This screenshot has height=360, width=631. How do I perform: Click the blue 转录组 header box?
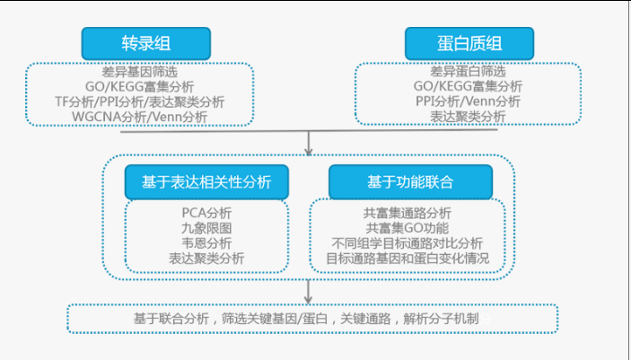pos(146,43)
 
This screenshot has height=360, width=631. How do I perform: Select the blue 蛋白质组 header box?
pos(469,43)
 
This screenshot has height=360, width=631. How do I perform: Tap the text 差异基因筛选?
pos(140,72)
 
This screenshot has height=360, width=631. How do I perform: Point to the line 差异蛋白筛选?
pos(468,71)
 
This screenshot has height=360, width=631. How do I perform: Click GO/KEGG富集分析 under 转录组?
pos(140,86)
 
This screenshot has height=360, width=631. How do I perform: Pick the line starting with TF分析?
pos(140,101)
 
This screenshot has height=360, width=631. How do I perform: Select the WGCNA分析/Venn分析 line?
pos(140,118)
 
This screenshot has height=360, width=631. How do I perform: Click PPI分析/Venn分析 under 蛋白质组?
pos(468,101)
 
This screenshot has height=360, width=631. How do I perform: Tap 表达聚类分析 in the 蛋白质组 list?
pos(468,117)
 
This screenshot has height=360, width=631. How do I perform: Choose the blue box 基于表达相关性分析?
pos(206,182)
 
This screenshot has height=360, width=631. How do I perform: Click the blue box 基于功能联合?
pos(410,182)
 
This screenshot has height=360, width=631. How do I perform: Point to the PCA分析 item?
pos(206,213)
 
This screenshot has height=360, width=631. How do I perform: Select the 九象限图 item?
pos(206,228)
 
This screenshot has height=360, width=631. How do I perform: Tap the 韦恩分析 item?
pos(206,242)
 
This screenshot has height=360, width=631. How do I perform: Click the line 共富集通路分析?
pos(408,213)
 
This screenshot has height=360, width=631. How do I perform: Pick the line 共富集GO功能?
pos(408,228)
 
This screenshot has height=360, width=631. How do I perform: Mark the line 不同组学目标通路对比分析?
pos(408,242)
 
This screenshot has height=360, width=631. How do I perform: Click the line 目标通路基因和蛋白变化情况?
pos(408,259)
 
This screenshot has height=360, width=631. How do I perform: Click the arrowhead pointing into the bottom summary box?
pos(308,300)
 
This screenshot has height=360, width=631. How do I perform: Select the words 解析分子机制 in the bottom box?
pos(441,319)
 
